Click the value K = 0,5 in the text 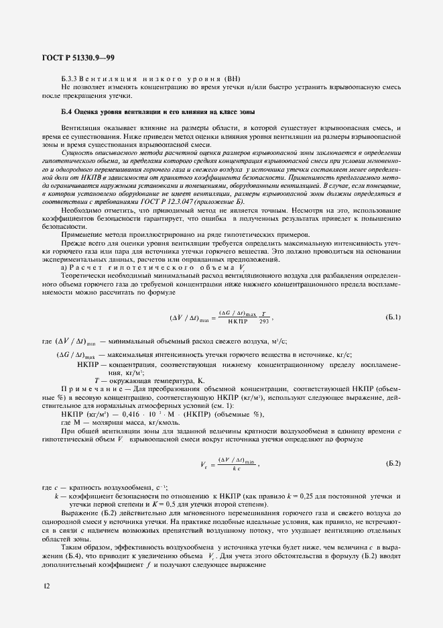(x=199, y=504)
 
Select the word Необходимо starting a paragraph (x=82, y=210)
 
